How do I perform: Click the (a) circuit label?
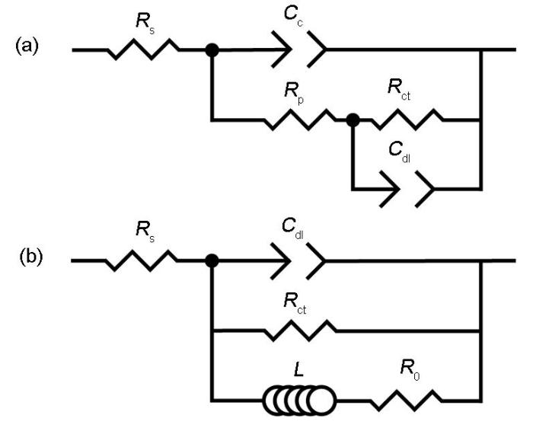[x=27, y=46]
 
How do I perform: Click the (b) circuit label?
[x=31, y=257]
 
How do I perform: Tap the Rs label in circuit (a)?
[x=145, y=22]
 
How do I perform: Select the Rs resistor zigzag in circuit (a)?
[x=144, y=49]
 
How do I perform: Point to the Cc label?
[x=294, y=16]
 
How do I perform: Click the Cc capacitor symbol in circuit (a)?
[x=299, y=49]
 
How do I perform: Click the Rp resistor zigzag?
[x=301, y=120]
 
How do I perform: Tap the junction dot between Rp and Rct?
[x=353, y=120]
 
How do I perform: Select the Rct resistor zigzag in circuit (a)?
[x=407, y=120]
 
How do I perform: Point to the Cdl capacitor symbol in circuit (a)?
[x=407, y=189]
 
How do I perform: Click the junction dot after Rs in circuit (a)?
[x=212, y=50]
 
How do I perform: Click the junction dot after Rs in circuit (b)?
[x=212, y=261]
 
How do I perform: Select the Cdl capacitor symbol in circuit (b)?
[x=298, y=261]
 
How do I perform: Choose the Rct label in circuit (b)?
[x=295, y=303]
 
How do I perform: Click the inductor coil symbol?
[x=299, y=400]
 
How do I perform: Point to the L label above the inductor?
[x=298, y=369]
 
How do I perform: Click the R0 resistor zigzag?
[x=406, y=400]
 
